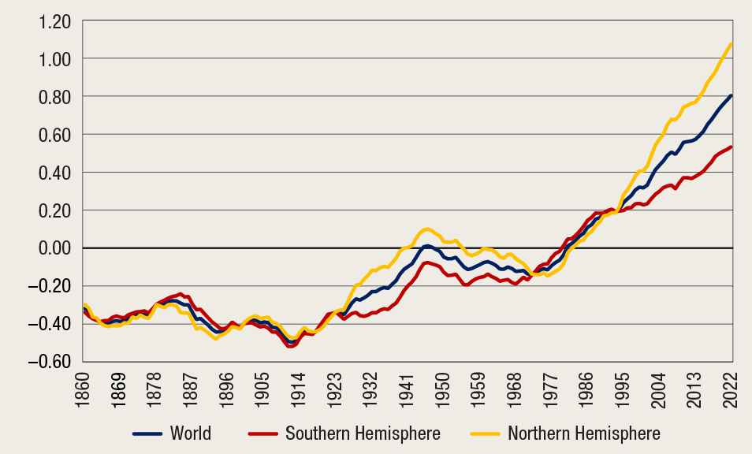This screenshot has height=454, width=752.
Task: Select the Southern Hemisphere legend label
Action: pyautogui.click(x=363, y=433)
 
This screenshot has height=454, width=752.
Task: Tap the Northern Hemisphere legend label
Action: pyautogui.click(x=584, y=433)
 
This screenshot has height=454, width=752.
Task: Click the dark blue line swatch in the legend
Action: pyautogui.click(x=147, y=434)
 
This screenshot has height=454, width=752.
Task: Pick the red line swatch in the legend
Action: pyautogui.click(x=263, y=434)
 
